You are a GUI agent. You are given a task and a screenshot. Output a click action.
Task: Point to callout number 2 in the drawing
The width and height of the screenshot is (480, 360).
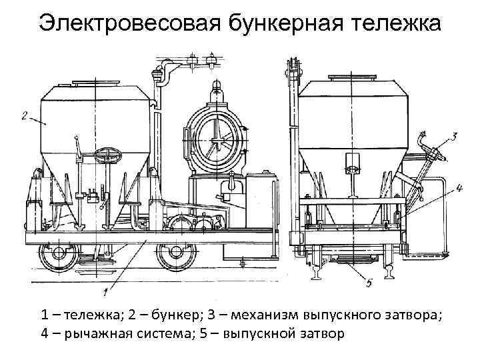26,116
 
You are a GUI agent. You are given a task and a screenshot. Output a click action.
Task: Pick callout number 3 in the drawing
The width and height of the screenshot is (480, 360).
453,137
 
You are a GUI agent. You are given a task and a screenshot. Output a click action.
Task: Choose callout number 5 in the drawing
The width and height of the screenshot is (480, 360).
368,283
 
